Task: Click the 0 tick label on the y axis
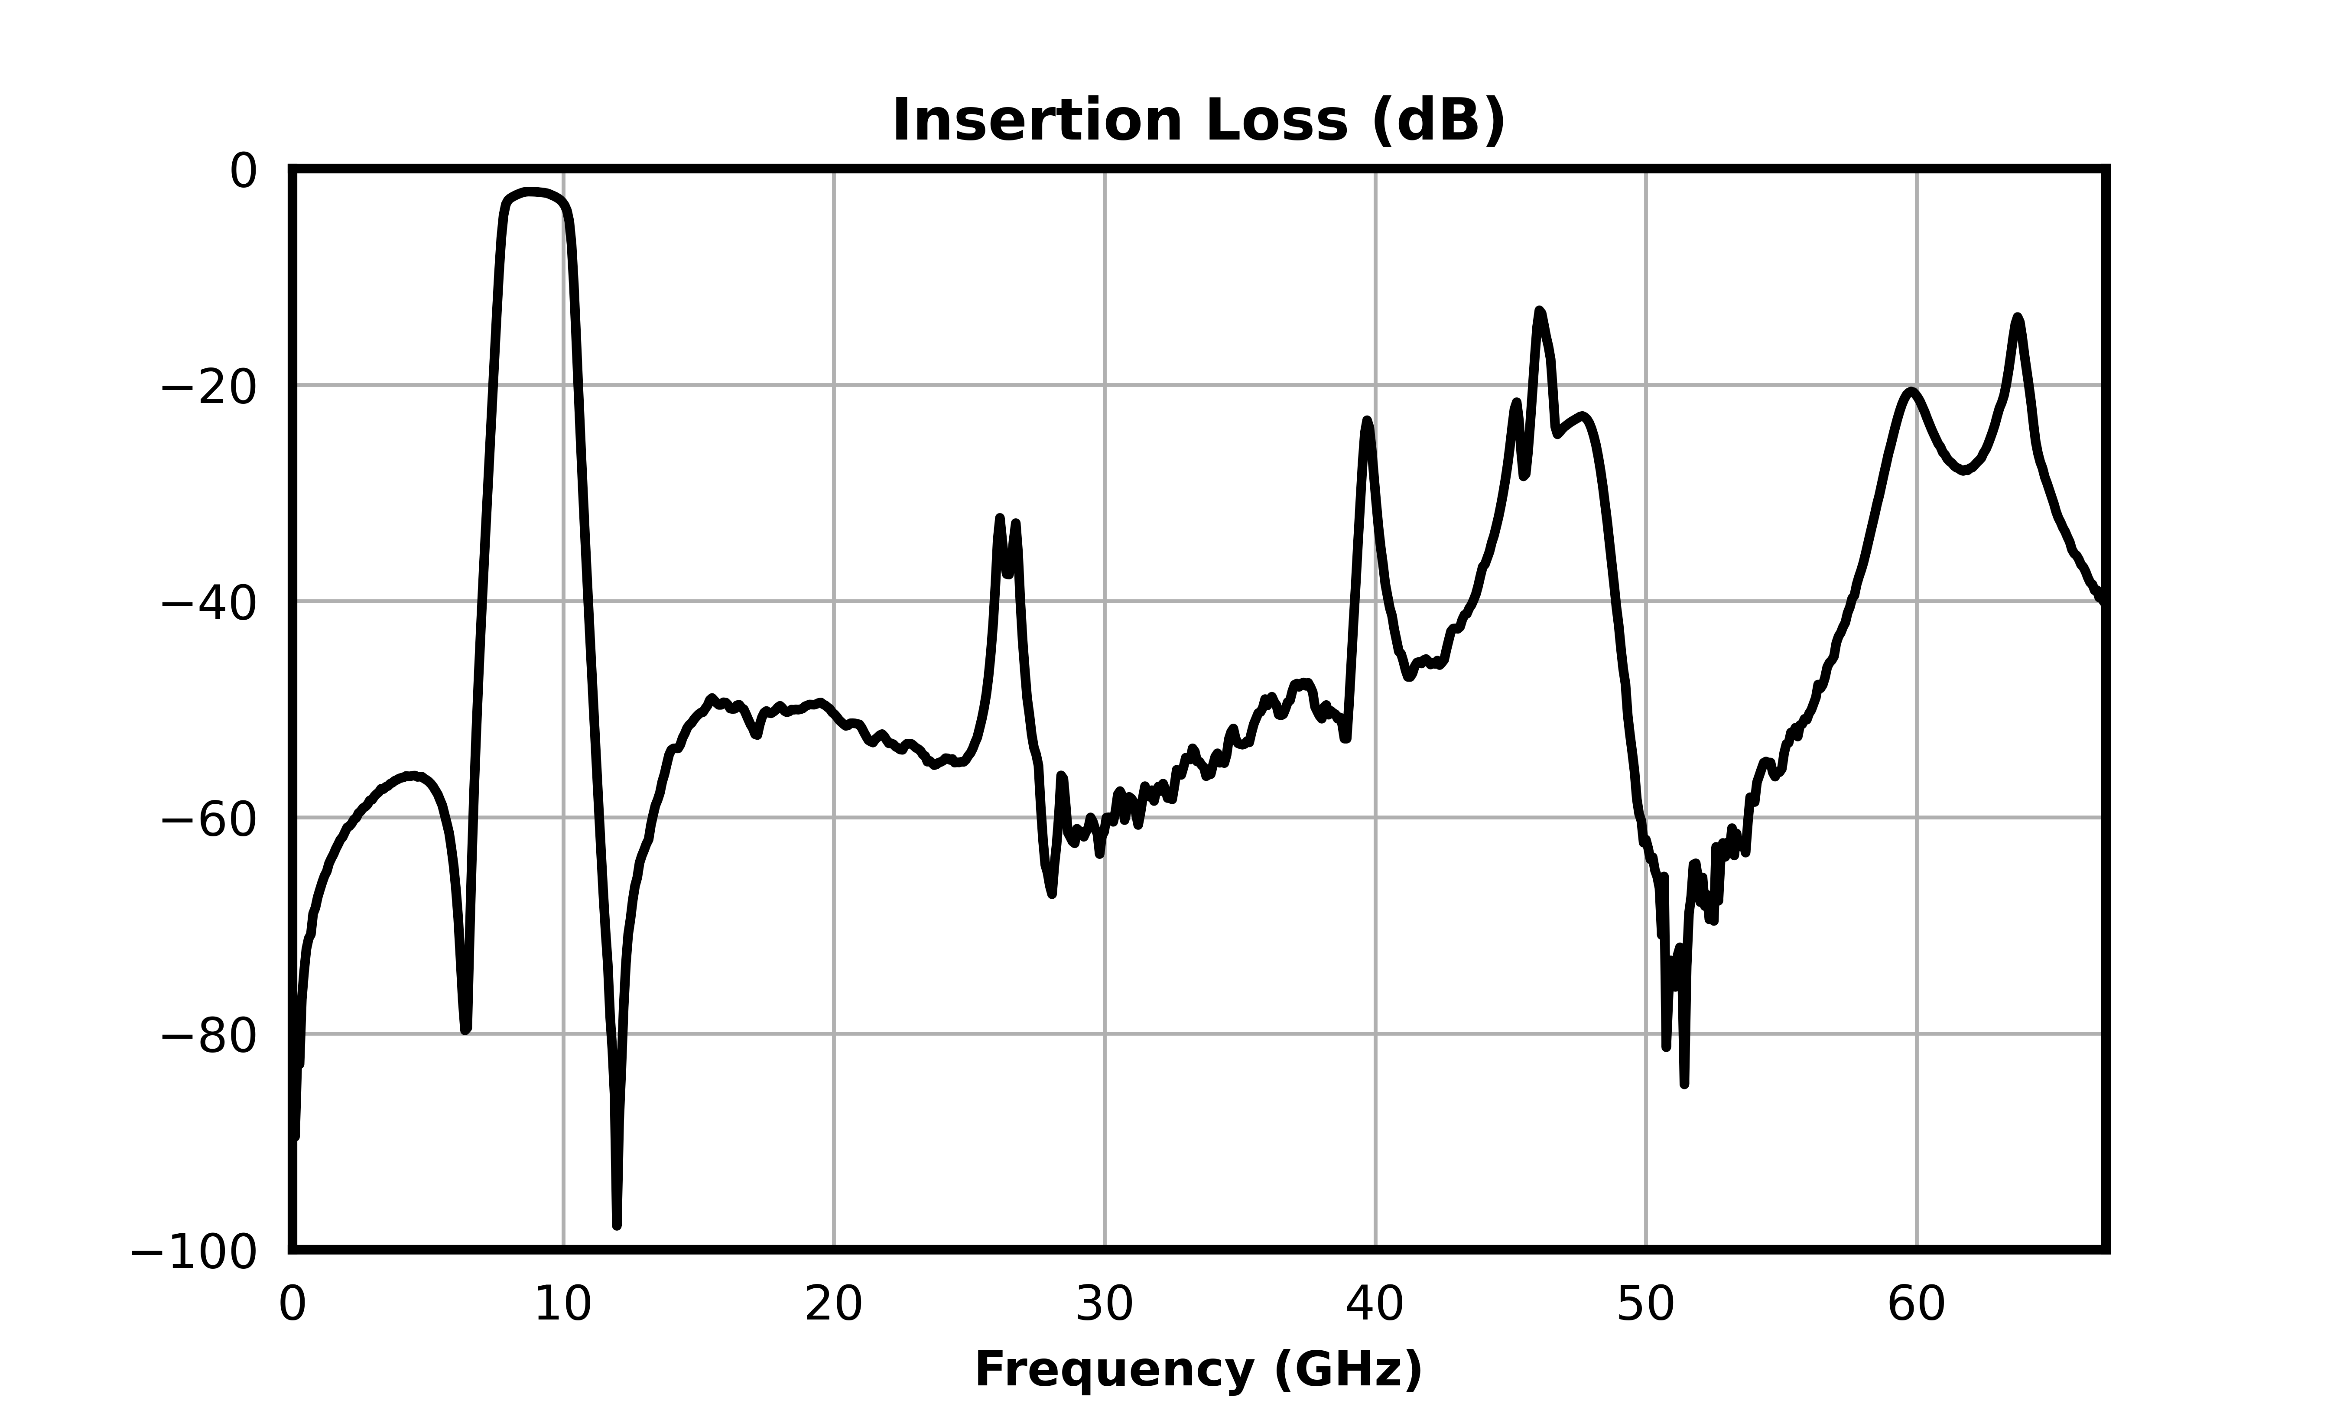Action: pyautogui.click(x=243, y=171)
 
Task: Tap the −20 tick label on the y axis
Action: pyautogui.click(x=209, y=387)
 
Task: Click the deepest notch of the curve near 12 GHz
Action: pyautogui.click(x=617, y=1225)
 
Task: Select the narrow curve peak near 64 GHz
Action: pyautogui.click(x=2018, y=318)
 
